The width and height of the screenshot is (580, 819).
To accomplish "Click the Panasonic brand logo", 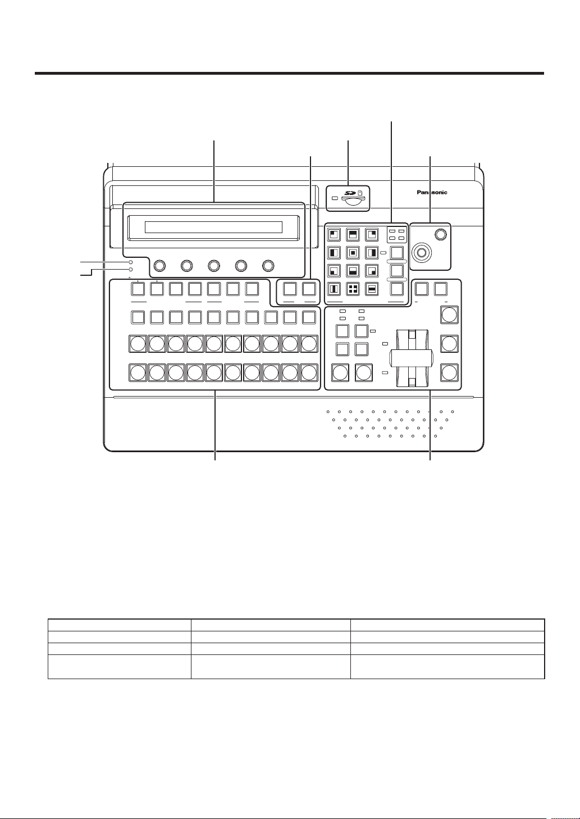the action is tap(432, 192).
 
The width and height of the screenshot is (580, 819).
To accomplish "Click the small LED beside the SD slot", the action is tap(334, 198).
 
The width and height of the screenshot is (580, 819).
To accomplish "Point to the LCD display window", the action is tap(213, 227).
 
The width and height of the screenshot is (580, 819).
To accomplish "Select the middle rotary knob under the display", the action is tap(214, 265).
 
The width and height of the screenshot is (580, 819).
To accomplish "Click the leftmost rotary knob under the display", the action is tap(159, 265).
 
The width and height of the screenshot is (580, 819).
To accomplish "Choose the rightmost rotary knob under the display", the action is tap(268, 265).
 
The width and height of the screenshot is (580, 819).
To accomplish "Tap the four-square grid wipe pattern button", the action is tap(353, 289).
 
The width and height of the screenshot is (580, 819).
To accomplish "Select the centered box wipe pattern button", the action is tap(353, 252).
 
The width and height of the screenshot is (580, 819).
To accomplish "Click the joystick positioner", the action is tap(422, 252).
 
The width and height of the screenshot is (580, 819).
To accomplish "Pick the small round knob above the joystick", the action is tap(441, 234).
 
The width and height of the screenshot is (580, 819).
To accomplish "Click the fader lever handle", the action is tap(412, 358).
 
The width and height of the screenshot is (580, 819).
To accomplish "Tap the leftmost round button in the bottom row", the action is tap(138, 372).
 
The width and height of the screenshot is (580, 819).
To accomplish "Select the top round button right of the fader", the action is tap(449, 315).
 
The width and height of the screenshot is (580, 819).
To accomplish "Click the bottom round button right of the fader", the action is tap(449, 372).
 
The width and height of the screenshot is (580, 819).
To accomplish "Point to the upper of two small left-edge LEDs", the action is tap(130, 262).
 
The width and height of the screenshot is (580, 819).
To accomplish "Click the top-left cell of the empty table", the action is tap(120, 625).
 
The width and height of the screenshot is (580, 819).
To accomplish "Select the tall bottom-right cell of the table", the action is tap(447, 667).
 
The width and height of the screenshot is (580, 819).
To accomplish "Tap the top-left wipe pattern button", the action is tap(334, 234).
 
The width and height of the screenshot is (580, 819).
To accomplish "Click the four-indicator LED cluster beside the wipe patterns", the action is tap(397, 235).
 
